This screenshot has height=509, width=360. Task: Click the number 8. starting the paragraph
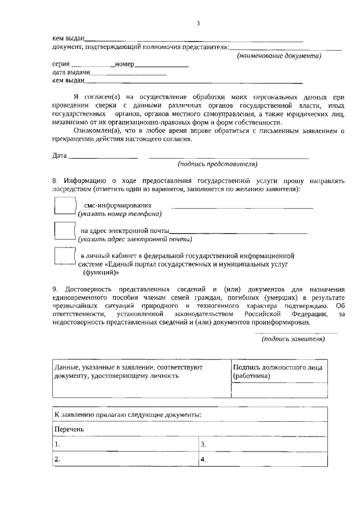tap(55, 181)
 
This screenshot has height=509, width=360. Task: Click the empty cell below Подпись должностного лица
tap(279, 390)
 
